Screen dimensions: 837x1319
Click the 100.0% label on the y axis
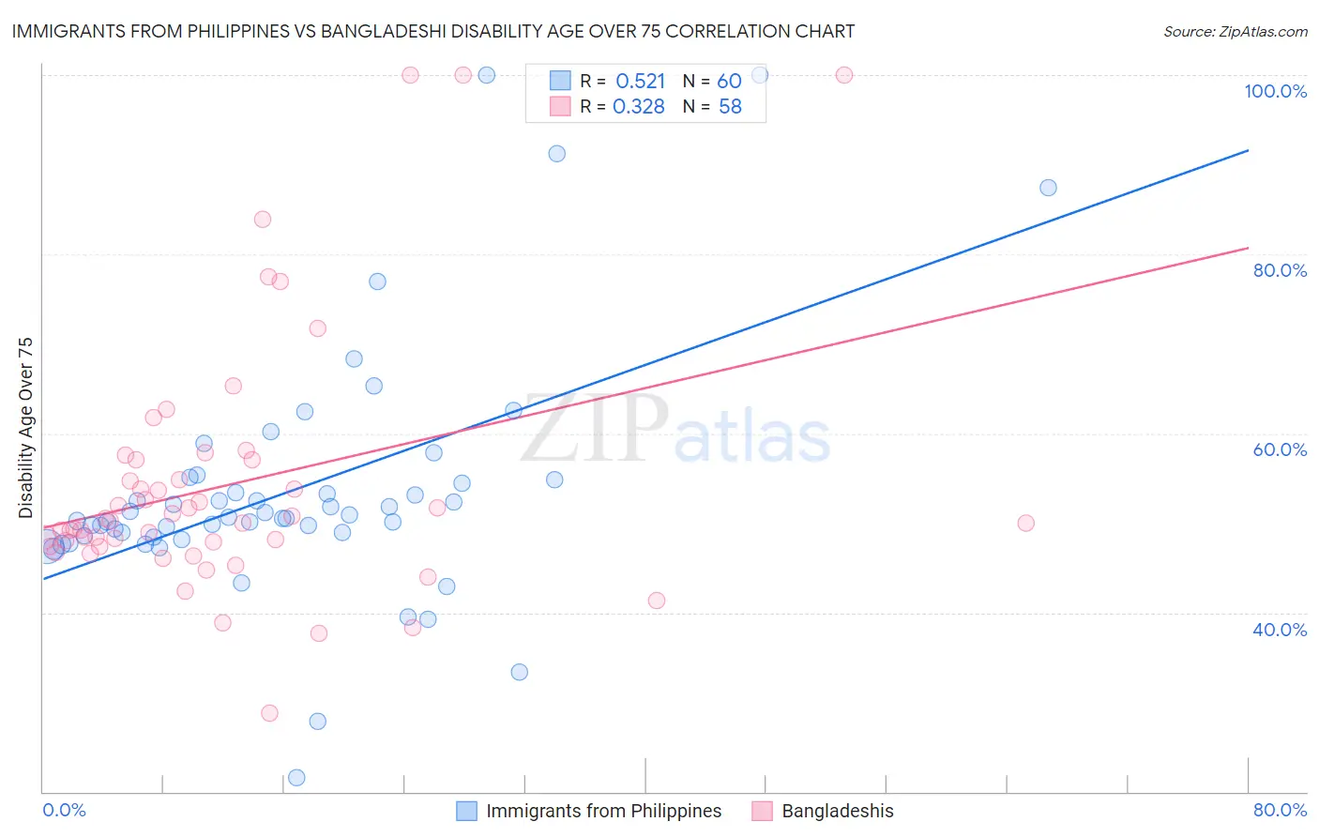click(1275, 91)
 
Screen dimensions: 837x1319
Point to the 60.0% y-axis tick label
click(1280, 449)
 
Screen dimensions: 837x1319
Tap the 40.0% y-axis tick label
click(1280, 629)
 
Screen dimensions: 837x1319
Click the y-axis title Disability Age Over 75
click(25, 428)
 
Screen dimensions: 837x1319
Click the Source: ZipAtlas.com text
click(1235, 31)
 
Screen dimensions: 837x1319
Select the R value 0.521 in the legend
click(640, 82)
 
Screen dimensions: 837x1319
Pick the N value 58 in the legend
click(730, 107)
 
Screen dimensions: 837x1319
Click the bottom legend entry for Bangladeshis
click(837, 811)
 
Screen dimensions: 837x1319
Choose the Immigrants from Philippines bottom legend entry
click(603, 811)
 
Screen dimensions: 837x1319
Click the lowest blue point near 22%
click(296, 777)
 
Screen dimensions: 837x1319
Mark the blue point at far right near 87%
click(1048, 188)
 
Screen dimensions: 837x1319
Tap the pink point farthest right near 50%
click(1025, 523)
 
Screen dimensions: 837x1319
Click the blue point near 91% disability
click(556, 154)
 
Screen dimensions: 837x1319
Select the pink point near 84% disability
click(263, 220)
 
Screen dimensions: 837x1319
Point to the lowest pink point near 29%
click(269, 713)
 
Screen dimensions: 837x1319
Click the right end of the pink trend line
click(1248, 248)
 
